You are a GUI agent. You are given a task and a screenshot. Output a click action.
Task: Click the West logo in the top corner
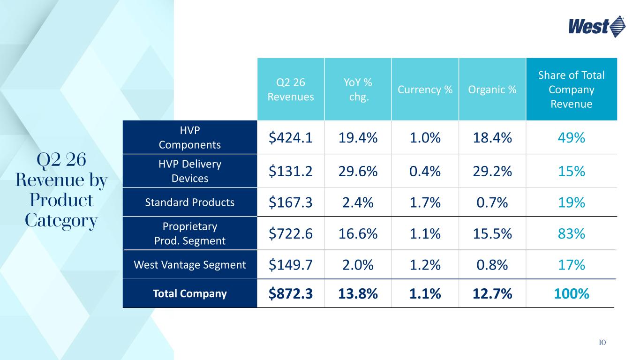pyautogui.click(x=597, y=27)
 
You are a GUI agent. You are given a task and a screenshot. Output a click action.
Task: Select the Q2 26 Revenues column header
pyautogui.click(x=291, y=90)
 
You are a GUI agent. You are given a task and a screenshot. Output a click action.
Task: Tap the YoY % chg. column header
pyautogui.click(x=358, y=90)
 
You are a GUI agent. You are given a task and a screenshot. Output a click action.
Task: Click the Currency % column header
pyautogui.click(x=425, y=90)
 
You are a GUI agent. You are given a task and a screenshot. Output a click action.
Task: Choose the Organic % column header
pyautogui.click(x=492, y=90)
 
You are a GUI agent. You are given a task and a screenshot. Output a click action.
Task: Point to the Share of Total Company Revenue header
pyautogui.click(x=572, y=90)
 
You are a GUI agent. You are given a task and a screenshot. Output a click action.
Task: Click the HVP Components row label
pyautogui.click(x=190, y=137)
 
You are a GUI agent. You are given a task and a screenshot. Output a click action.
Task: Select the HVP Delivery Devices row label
pyautogui.click(x=190, y=171)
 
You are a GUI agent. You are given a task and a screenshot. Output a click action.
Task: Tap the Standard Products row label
pyautogui.click(x=190, y=202)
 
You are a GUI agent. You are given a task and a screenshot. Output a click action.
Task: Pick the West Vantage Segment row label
pyautogui.click(x=190, y=264)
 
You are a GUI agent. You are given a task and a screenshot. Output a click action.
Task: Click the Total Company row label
pyautogui.click(x=190, y=293)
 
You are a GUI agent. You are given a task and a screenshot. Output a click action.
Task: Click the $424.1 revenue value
pyautogui.click(x=291, y=138)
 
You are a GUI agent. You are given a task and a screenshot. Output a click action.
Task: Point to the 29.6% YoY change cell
pyautogui.click(x=358, y=172)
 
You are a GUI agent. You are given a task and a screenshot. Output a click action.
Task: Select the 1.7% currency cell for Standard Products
pyautogui.click(x=425, y=202)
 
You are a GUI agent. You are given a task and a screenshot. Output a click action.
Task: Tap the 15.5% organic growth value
pyautogui.click(x=492, y=234)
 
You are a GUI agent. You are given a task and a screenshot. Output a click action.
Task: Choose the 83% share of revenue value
pyautogui.click(x=572, y=234)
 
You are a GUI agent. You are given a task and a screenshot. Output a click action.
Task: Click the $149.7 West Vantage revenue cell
pyautogui.click(x=291, y=265)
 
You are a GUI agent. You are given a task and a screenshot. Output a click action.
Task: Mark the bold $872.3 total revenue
pyautogui.click(x=291, y=294)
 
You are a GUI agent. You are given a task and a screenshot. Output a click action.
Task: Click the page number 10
pyautogui.click(x=602, y=342)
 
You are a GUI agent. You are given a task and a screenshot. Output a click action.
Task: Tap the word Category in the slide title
pyautogui.click(x=61, y=221)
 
